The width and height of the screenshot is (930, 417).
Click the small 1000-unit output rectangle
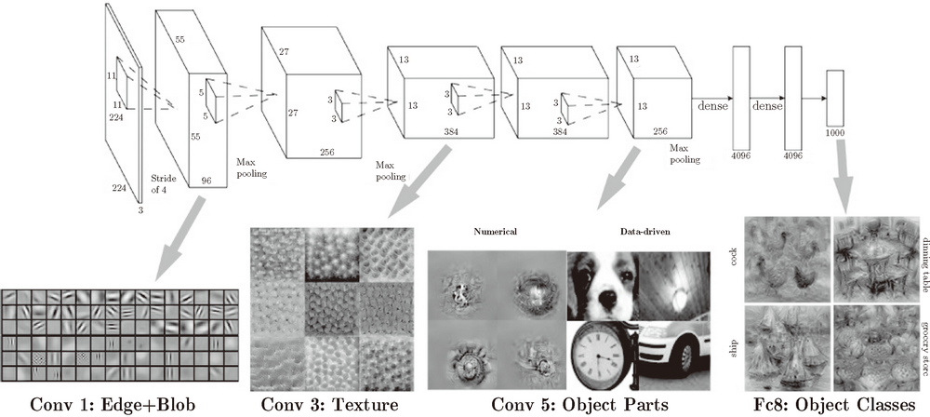click(x=834, y=95)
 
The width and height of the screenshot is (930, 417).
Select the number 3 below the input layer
click(x=141, y=210)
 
